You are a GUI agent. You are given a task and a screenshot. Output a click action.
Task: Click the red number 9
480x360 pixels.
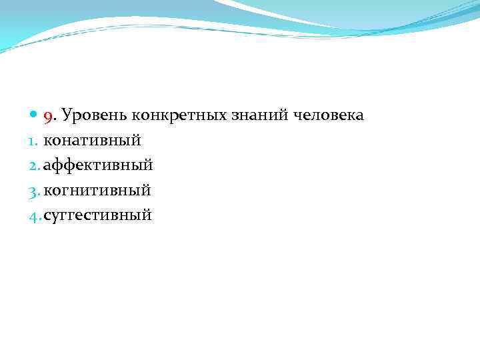(48, 117)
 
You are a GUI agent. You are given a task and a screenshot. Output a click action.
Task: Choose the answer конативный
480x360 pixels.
(92, 141)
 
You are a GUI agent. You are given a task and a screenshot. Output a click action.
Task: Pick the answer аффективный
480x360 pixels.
(99, 165)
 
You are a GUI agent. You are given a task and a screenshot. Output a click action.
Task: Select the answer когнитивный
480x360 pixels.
(97, 191)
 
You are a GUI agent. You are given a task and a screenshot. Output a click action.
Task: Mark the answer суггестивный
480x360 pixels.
(98, 215)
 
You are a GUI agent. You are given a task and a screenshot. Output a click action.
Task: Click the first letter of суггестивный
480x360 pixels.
(47, 216)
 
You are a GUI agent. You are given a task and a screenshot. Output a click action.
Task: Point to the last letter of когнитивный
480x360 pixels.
(147, 191)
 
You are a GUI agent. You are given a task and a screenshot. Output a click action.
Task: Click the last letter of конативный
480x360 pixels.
(137, 141)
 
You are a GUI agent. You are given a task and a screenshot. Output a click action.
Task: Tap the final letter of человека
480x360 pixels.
(360, 117)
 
